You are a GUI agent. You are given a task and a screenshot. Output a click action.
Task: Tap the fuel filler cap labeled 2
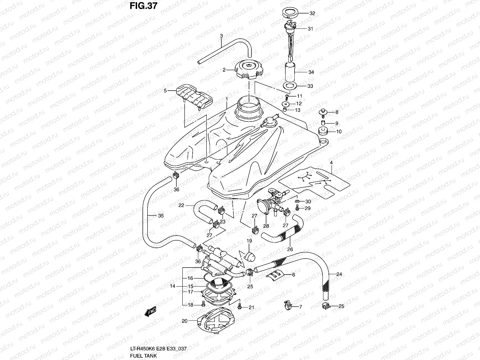(x=249, y=69)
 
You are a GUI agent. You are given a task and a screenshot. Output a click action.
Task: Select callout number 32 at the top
(x=313, y=13)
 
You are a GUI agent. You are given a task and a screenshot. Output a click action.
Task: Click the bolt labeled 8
(x=322, y=112)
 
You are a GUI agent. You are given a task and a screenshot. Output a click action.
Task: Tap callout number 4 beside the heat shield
(x=331, y=163)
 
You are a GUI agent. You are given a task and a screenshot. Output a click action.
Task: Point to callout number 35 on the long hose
(x=161, y=215)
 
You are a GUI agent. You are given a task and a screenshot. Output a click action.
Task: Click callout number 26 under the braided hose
(x=290, y=249)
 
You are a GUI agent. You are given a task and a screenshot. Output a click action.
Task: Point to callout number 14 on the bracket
(x=172, y=286)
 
